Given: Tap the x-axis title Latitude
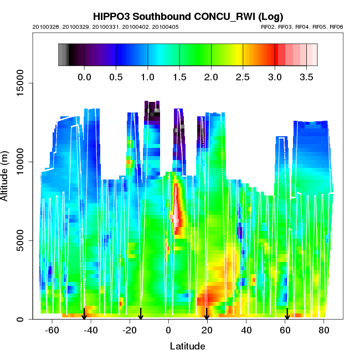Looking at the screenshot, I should tap(187, 346).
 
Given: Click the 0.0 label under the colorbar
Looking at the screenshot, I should tap(84, 77).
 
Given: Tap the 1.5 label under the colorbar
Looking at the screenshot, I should tap(179, 77).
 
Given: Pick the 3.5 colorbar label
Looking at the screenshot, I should tap(306, 77).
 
